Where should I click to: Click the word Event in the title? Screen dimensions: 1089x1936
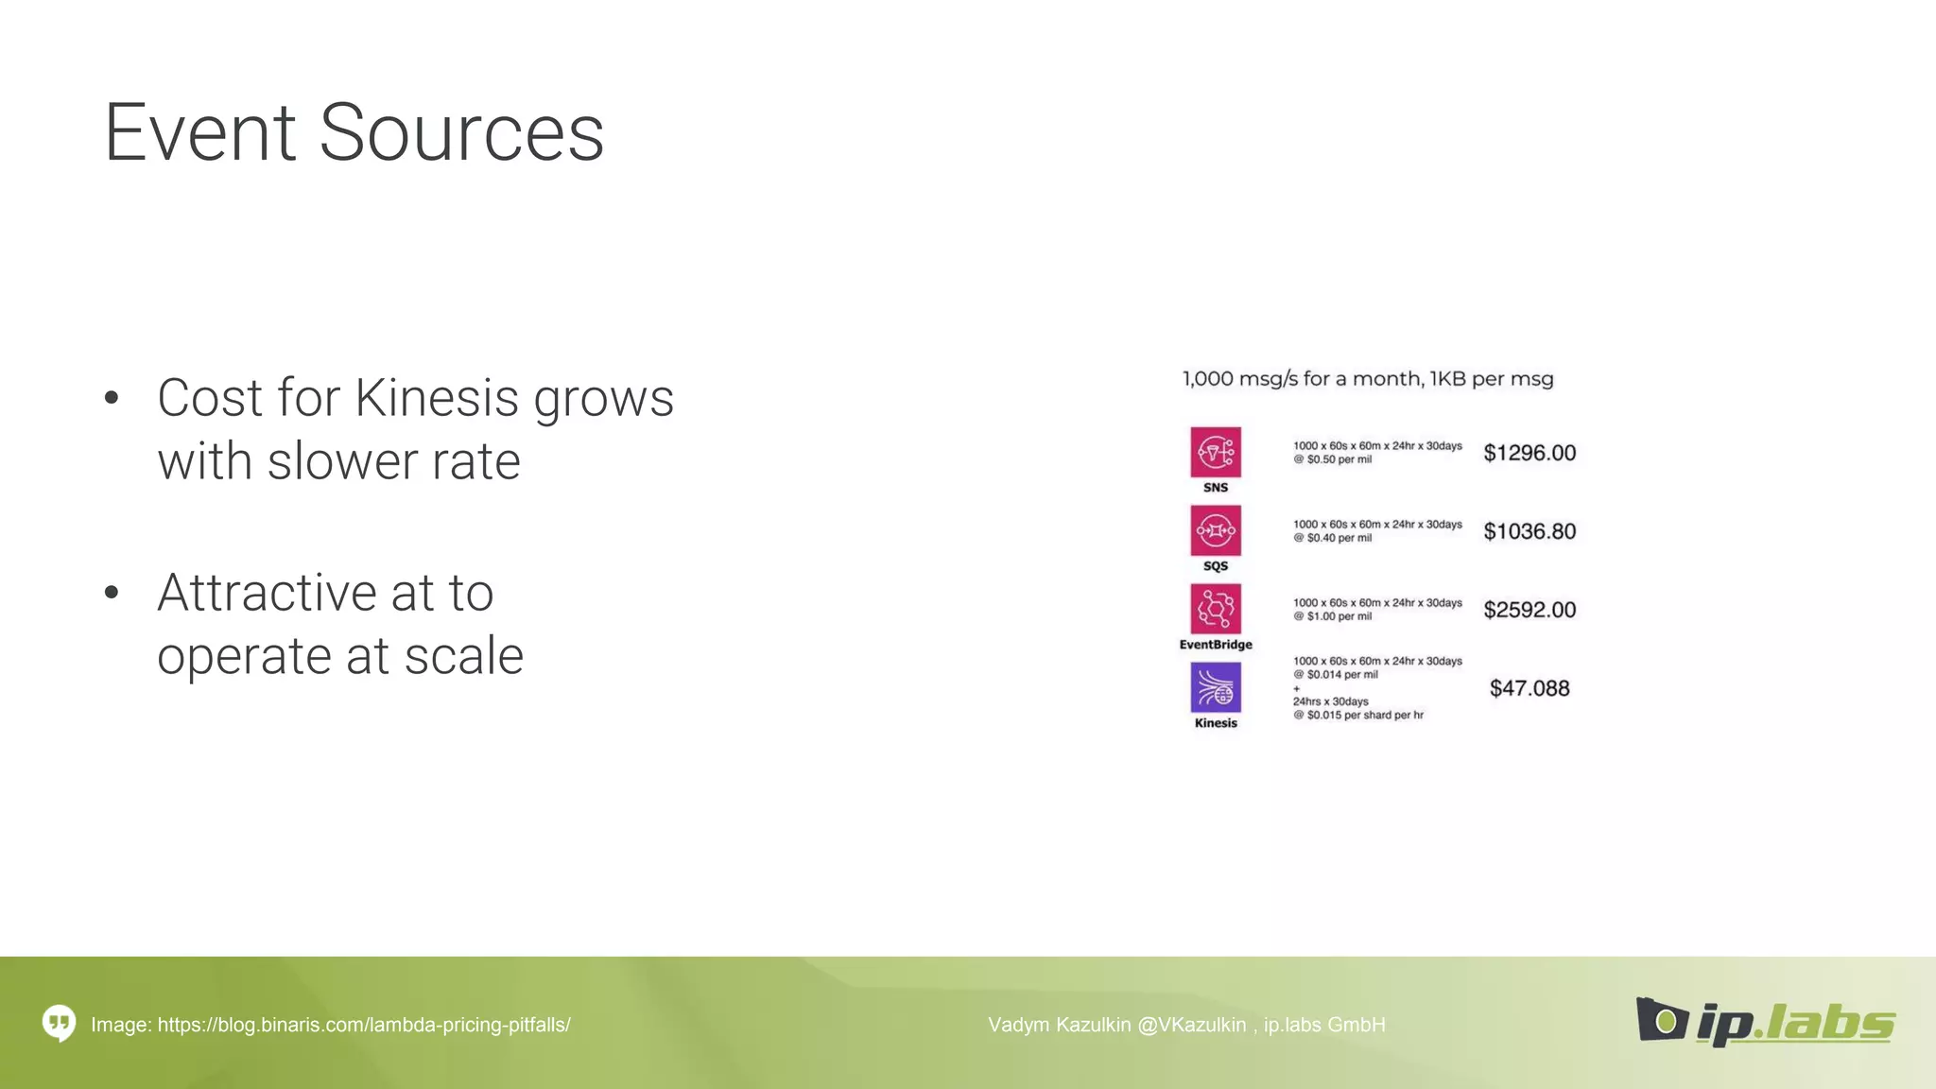[x=199, y=133]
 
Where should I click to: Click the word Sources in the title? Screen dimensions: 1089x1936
[x=461, y=133]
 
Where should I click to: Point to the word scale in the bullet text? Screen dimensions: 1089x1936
[x=463, y=656]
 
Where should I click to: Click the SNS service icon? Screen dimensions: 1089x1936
[x=1215, y=453]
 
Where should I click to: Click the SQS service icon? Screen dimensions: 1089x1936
[x=1215, y=531]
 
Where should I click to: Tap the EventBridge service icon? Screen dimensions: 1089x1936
[x=1215, y=609]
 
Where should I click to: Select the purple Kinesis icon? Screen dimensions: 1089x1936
[x=1215, y=687]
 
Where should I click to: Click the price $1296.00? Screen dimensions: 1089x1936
[x=1529, y=454]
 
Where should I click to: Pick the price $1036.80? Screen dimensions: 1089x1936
[x=1529, y=532]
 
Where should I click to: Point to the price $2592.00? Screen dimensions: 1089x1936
[x=1529, y=611]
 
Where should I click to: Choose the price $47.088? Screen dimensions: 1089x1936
[x=1529, y=689]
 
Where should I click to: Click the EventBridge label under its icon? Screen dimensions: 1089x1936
[x=1215, y=645]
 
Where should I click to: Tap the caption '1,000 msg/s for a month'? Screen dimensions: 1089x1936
[x=1302, y=379]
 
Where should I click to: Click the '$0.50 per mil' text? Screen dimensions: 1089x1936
[x=1338, y=460]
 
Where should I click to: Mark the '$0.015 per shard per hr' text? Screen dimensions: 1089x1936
[x=1364, y=716]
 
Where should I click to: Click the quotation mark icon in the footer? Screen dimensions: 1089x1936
[x=59, y=1023]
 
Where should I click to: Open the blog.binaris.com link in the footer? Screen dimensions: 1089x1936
[x=363, y=1025]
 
